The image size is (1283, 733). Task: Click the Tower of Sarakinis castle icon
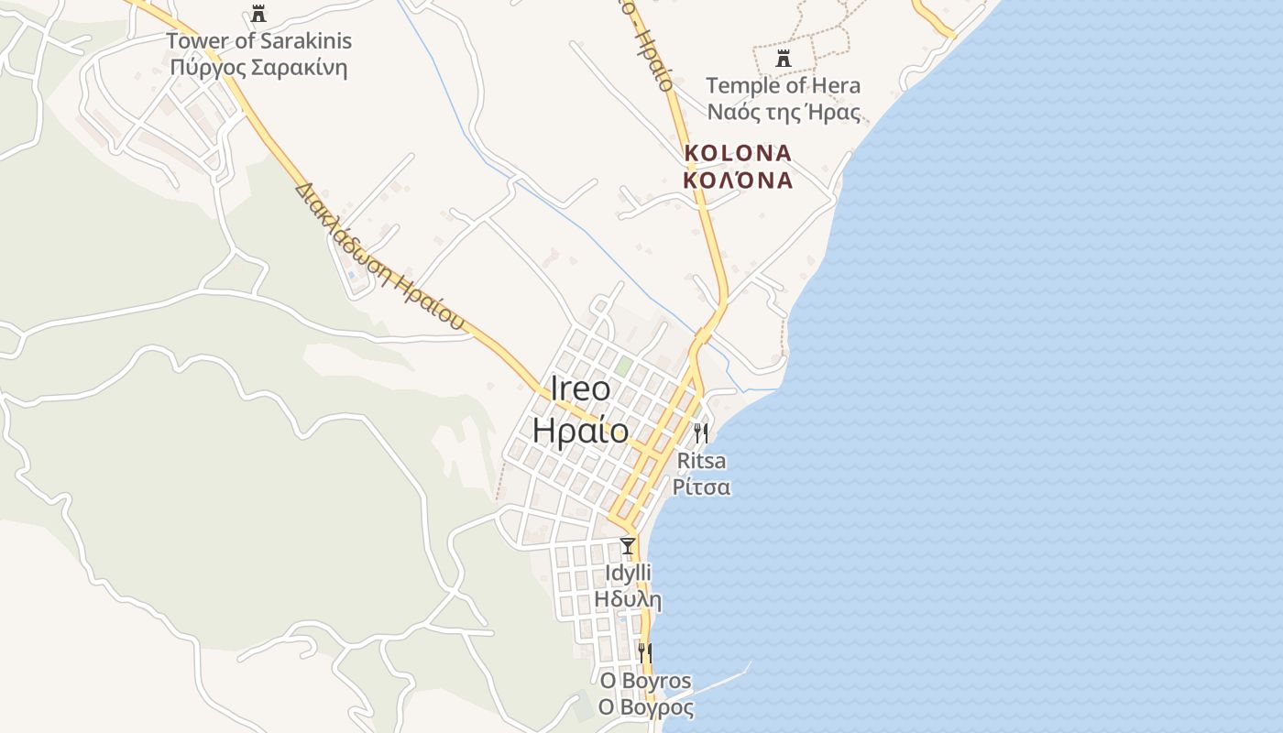[258, 14]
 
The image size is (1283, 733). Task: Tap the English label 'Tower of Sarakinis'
[258, 41]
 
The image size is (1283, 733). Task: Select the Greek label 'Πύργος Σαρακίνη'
[258, 69]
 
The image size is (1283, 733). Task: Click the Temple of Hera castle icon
[783, 59]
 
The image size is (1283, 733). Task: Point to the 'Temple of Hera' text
[783, 86]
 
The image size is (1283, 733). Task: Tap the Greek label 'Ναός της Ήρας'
[783, 113]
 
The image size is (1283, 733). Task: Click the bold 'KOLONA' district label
[738, 152]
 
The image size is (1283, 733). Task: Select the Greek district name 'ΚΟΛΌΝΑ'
[738, 180]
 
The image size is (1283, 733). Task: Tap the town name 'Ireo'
[580, 388]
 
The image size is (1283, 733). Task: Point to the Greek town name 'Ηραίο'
[580, 431]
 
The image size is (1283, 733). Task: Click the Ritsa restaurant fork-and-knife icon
[701, 432]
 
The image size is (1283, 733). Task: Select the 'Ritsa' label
[701, 460]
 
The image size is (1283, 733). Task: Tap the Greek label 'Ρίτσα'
[701, 487]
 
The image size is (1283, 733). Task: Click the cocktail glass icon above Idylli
[628, 546]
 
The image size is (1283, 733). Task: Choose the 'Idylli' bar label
[628, 574]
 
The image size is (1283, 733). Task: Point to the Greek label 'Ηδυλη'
[628, 600]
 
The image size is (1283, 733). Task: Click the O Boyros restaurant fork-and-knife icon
[645, 653]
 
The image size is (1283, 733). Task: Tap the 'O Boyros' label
[645, 681]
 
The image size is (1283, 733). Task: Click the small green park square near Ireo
[623, 366]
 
